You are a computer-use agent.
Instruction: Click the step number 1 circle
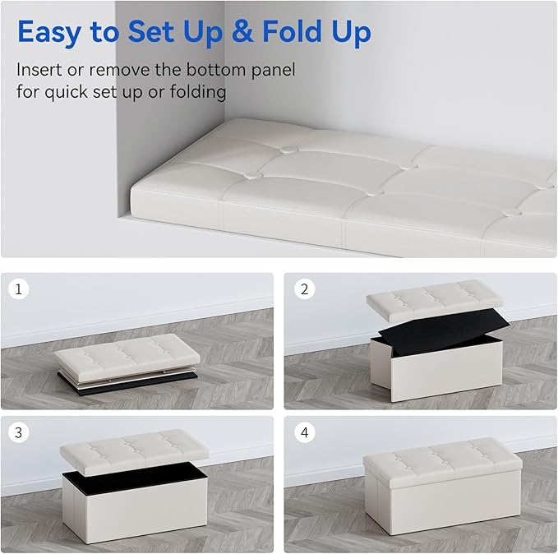coord(18,290)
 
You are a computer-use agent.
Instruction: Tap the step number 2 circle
coord(304,290)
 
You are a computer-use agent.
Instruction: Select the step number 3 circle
coord(18,433)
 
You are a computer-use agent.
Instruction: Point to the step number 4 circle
coord(304,433)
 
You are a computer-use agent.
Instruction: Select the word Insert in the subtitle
coord(39,70)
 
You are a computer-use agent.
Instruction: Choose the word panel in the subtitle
coord(268,70)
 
